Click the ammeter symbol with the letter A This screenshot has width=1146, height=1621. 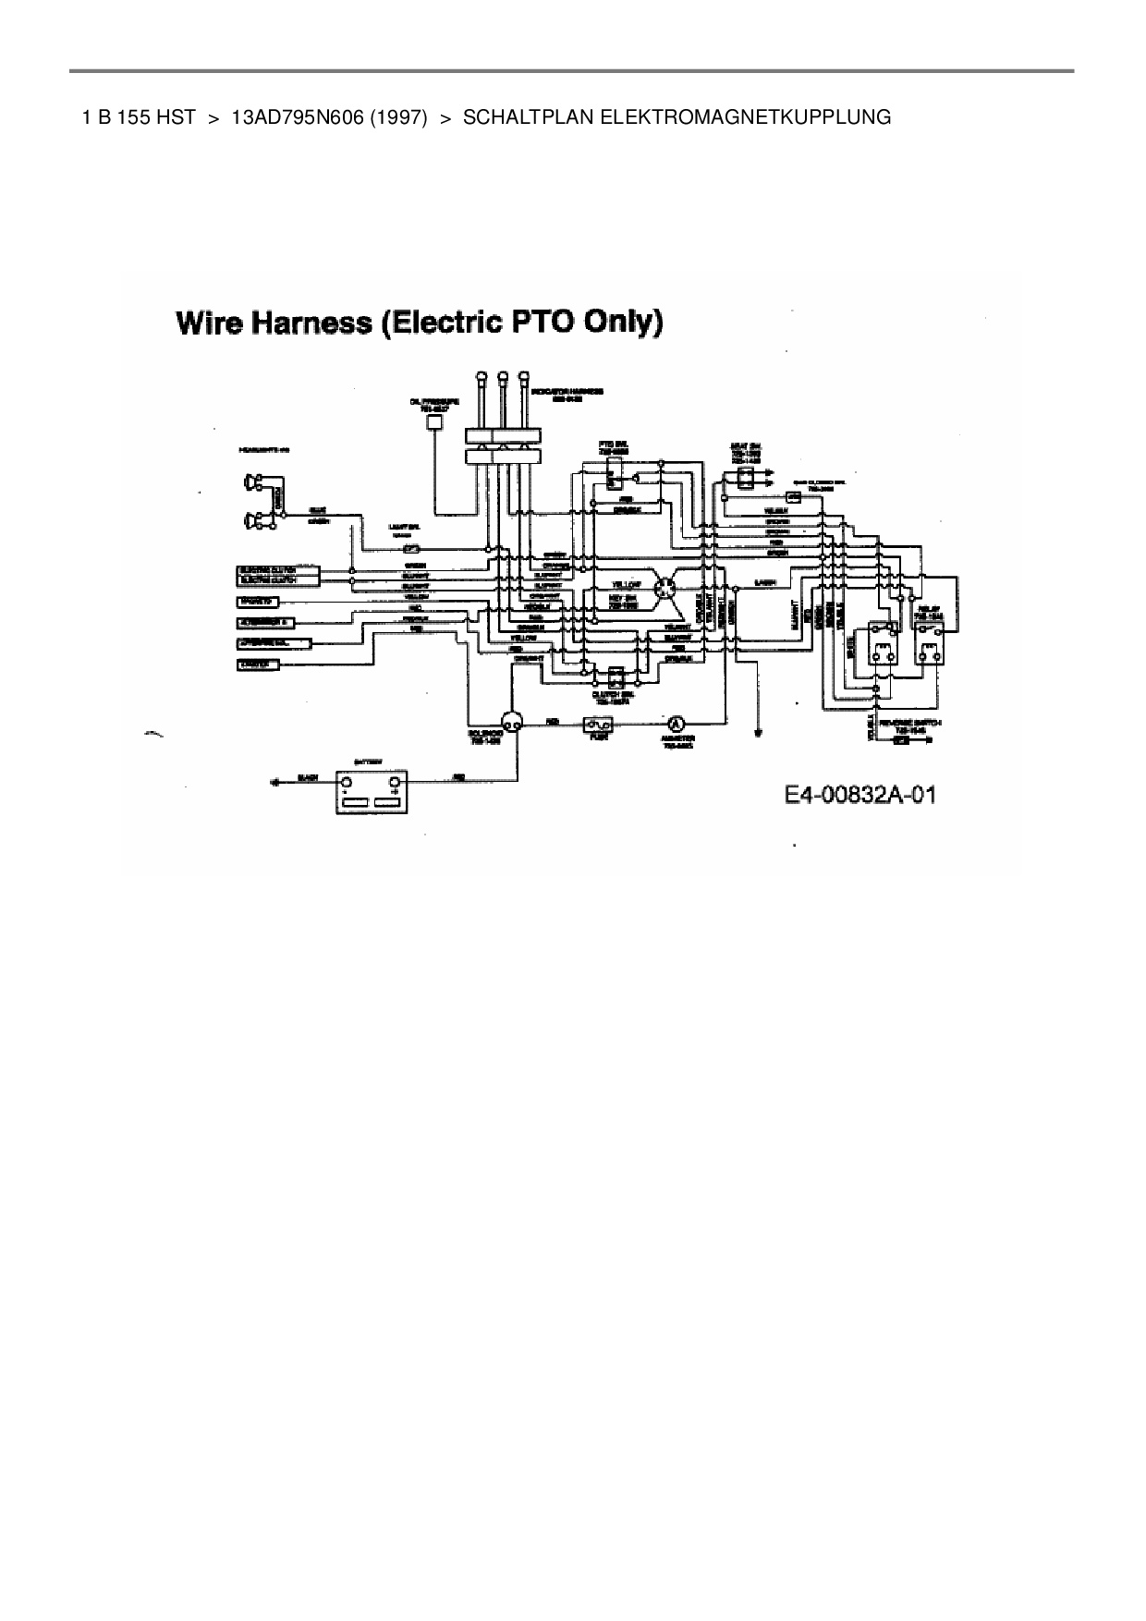676,724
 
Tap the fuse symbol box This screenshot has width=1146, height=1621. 592,725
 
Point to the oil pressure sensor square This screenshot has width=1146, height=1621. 433,421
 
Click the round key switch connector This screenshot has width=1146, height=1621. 664,589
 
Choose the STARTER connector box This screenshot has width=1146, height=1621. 258,664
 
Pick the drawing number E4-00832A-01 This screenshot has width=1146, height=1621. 859,795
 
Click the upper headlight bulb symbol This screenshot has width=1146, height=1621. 251,481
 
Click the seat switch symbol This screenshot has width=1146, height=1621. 740,477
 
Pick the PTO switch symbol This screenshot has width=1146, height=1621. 614,477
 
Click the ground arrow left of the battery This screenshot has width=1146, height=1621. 274,781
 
